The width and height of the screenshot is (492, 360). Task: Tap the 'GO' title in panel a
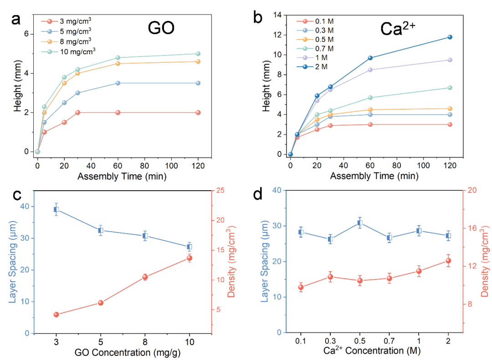(x=161, y=28)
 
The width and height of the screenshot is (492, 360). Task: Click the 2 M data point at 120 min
(x=450, y=37)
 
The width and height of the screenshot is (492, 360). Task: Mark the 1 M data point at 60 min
(x=370, y=70)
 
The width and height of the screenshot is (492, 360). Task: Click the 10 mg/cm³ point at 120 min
(x=198, y=54)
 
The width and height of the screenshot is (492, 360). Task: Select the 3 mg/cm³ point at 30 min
(x=78, y=112)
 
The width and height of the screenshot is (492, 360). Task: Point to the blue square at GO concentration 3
(x=56, y=209)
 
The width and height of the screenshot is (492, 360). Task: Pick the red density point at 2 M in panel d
(x=448, y=261)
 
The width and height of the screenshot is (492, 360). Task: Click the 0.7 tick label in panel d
(x=389, y=340)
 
